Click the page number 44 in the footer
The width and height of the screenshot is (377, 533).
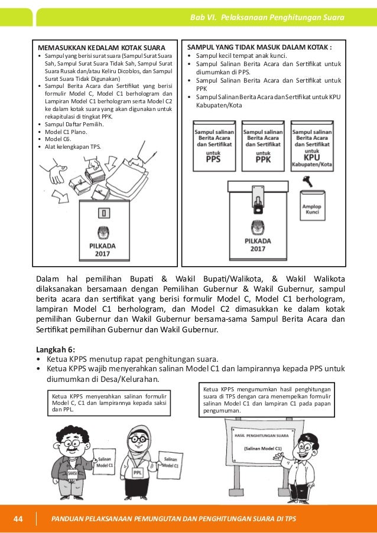coord(18,519)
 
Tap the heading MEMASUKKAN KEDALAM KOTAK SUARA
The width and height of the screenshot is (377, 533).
coord(101,47)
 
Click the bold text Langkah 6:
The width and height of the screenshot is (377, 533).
coord(56,348)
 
